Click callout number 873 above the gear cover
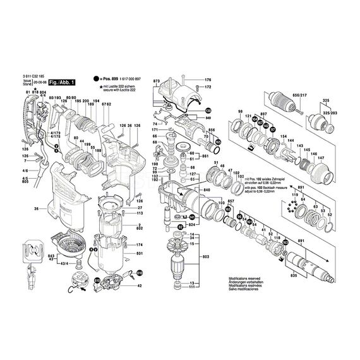(x=157, y=82)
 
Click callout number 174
(x=140, y=244)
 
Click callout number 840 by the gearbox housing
(x=206, y=189)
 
